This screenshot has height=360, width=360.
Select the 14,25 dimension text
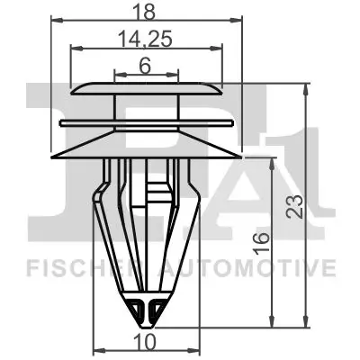(144, 40)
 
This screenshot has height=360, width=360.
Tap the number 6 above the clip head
(146, 65)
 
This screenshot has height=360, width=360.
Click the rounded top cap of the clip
(146, 89)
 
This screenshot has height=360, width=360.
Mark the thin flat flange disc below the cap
(146, 121)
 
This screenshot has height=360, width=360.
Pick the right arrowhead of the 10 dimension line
(193, 350)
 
